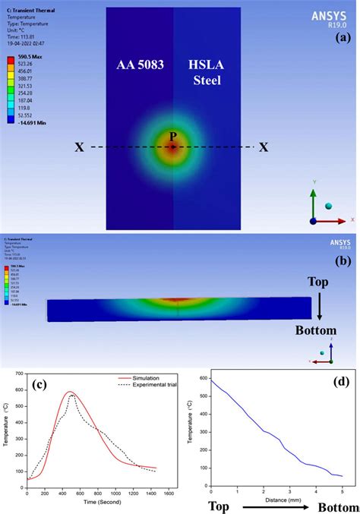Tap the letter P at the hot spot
(172, 137)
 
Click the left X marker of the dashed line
(79, 147)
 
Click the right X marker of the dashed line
(264, 147)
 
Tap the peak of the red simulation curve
(70, 392)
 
